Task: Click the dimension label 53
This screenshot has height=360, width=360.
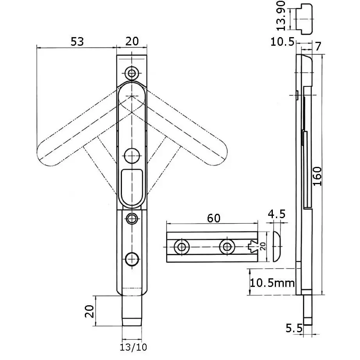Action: click(x=77, y=41)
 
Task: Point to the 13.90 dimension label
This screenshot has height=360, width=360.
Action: click(x=280, y=19)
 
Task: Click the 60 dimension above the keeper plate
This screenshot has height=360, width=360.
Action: click(x=213, y=218)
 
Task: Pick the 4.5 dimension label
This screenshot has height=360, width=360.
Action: click(x=277, y=214)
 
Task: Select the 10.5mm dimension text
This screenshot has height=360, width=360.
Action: click(x=273, y=282)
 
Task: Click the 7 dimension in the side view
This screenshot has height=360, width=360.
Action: click(x=317, y=47)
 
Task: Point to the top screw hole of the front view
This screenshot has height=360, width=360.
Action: click(x=132, y=72)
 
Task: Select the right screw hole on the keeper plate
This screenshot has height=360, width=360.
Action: click(x=226, y=247)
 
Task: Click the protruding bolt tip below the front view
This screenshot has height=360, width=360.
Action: click(x=132, y=311)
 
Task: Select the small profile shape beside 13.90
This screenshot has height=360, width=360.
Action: click(x=304, y=18)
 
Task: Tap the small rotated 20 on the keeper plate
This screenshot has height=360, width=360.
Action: click(x=263, y=246)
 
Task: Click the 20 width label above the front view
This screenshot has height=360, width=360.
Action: click(x=132, y=41)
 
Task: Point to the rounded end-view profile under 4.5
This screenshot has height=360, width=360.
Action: click(x=276, y=246)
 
